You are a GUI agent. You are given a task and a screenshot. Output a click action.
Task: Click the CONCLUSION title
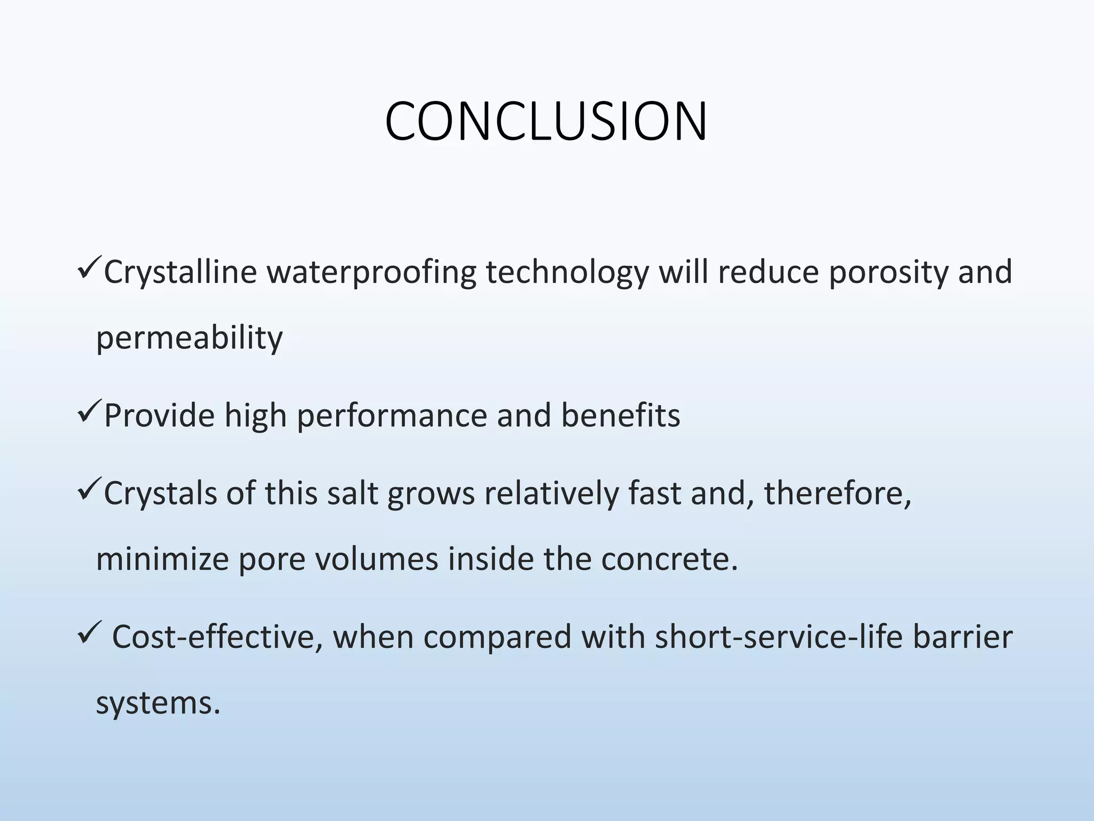(x=546, y=122)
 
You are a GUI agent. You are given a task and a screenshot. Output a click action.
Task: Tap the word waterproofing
(x=371, y=272)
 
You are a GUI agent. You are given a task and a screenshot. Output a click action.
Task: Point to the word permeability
(x=189, y=338)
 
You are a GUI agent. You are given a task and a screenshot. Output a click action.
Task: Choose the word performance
(x=392, y=416)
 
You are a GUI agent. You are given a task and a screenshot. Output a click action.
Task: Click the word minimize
(x=162, y=559)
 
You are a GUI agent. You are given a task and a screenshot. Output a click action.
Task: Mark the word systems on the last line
(x=158, y=703)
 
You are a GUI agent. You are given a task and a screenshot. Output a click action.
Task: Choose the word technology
(x=567, y=272)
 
